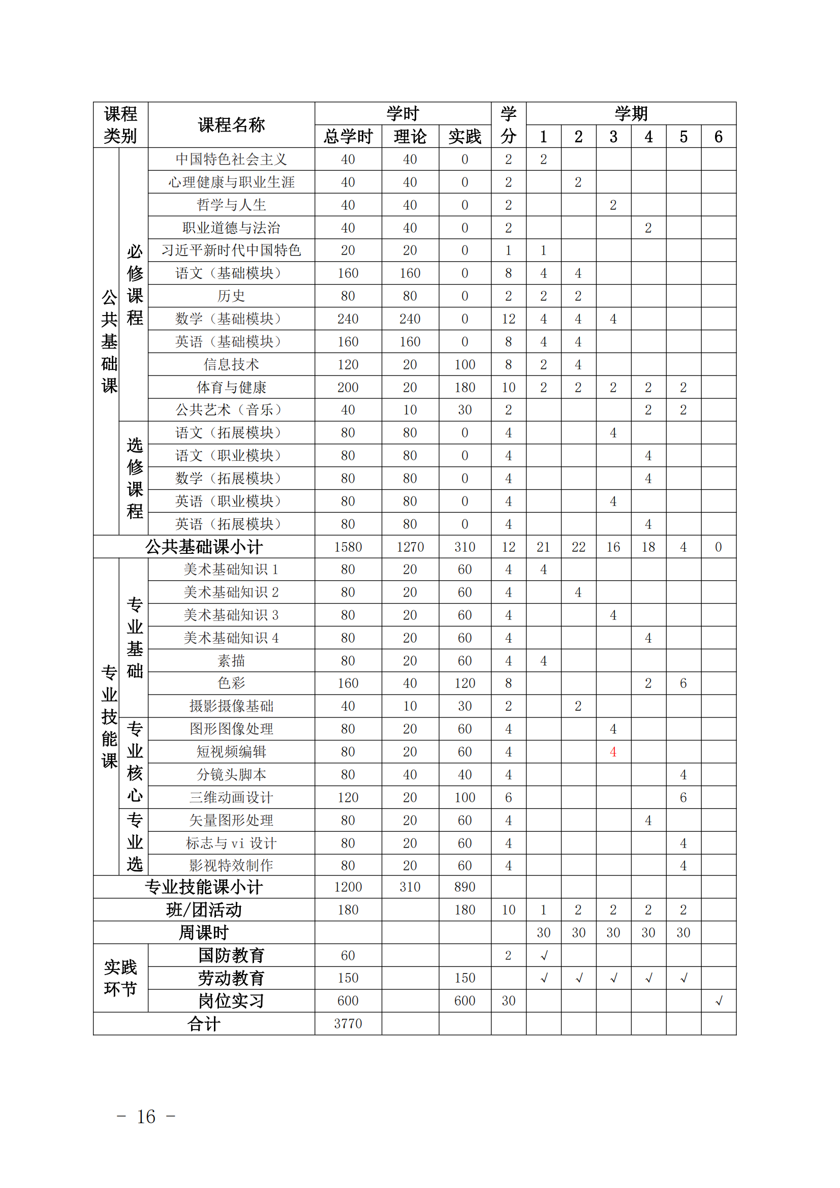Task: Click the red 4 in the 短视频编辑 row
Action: tap(613, 752)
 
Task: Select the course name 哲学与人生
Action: tap(231, 205)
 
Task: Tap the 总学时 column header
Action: tap(348, 137)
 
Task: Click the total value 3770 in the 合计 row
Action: tap(348, 1023)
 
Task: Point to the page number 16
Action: tap(146, 1116)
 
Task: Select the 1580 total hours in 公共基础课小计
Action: tap(348, 547)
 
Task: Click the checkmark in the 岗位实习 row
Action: tap(719, 1001)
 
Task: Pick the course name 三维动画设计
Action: tap(231, 797)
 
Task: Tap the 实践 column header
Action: tap(464, 137)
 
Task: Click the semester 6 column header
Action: tap(719, 137)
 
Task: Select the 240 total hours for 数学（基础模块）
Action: tap(348, 319)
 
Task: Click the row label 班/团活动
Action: tap(203, 910)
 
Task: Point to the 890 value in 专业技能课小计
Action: tap(464, 887)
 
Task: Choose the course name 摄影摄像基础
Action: tap(231, 706)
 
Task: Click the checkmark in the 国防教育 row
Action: tap(543, 956)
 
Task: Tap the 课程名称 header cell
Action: tap(231, 124)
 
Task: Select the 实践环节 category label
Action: tap(120, 978)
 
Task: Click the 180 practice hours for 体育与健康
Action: tap(464, 387)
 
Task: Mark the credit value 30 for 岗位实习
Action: tap(508, 1001)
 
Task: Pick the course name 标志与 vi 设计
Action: tap(231, 843)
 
